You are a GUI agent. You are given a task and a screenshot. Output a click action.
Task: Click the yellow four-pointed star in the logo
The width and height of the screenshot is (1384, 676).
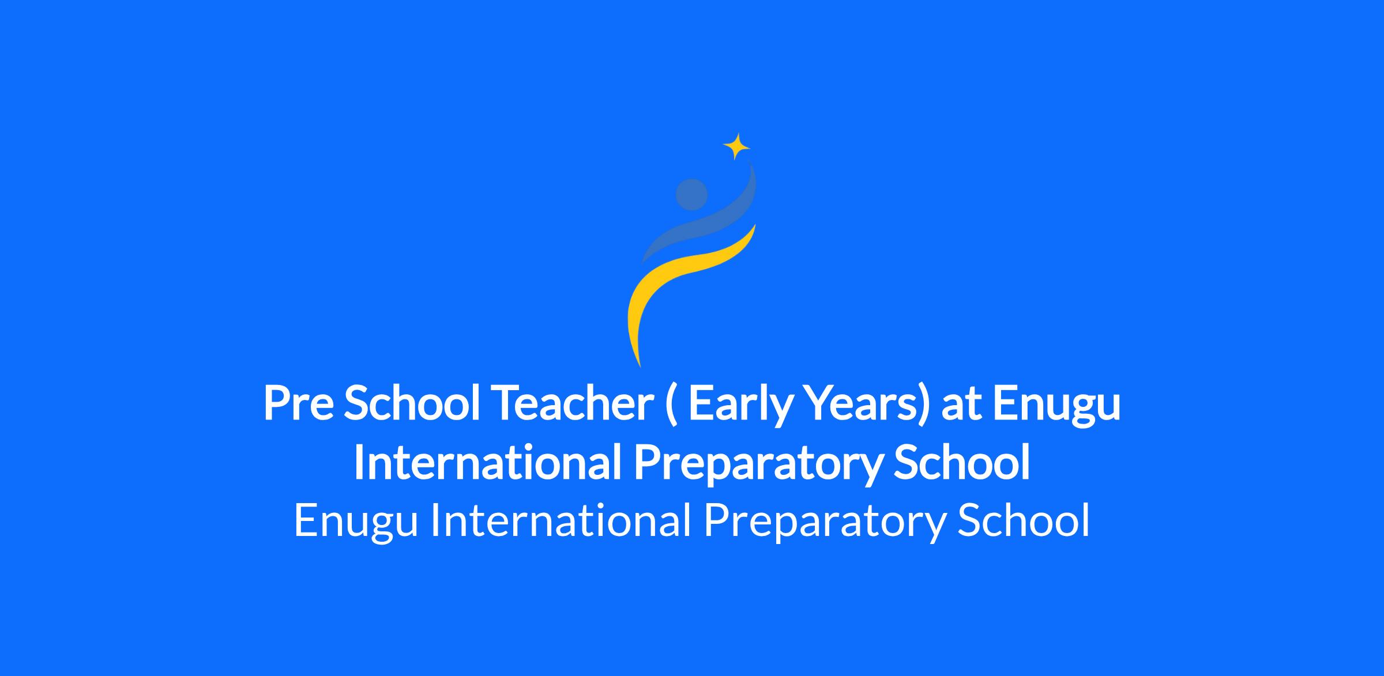(x=736, y=146)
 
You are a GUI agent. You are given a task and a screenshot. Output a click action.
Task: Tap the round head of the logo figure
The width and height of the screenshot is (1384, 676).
(x=691, y=194)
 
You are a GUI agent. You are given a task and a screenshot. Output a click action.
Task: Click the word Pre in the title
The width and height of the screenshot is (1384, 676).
(x=297, y=403)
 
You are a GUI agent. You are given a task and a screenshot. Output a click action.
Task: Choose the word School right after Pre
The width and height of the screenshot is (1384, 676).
(x=412, y=403)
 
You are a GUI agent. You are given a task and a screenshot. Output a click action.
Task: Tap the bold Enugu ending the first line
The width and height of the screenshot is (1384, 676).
(x=1056, y=406)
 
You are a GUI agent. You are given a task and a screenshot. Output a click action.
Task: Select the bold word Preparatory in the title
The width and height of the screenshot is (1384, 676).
(x=757, y=466)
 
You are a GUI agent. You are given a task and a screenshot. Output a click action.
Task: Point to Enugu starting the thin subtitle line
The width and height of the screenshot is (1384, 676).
(x=356, y=522)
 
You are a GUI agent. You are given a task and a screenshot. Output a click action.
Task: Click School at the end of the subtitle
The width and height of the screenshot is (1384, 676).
(x=1024, y=520)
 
